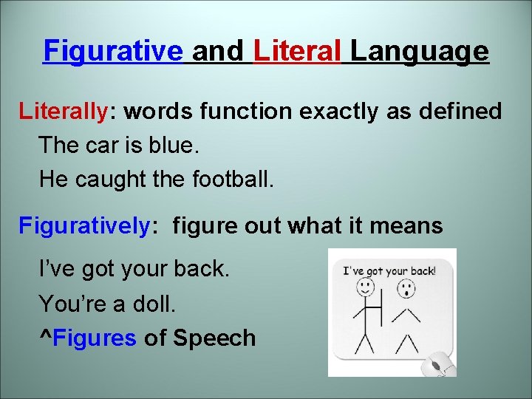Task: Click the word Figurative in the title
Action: [x=113, y=52]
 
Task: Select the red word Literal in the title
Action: [x=297, y=52]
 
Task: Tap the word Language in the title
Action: [x=419, y=52]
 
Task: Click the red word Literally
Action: [x=64, y=112]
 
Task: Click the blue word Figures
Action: [x=95, y=338]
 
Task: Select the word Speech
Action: [x=214, y=338]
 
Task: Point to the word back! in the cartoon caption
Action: [x=421, y=270]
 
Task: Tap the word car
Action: [x=92, y=145]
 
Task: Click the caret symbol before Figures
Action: [x=46, y=336]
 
